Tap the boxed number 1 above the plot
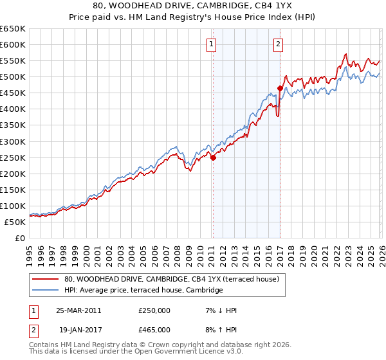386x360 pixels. pyautogui.click(x=212, y=44)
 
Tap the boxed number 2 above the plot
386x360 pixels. pyautogui.click(x=278, y=44)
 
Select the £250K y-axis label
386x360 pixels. pyautogui.click(x=13, y=157)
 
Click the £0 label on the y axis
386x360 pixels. pyautogui.click(x=21, y=238)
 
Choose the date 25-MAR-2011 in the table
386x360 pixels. pyautogui.click(x=78, y=310)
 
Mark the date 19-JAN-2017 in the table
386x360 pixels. pyautogui.click(x=78, y=330)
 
